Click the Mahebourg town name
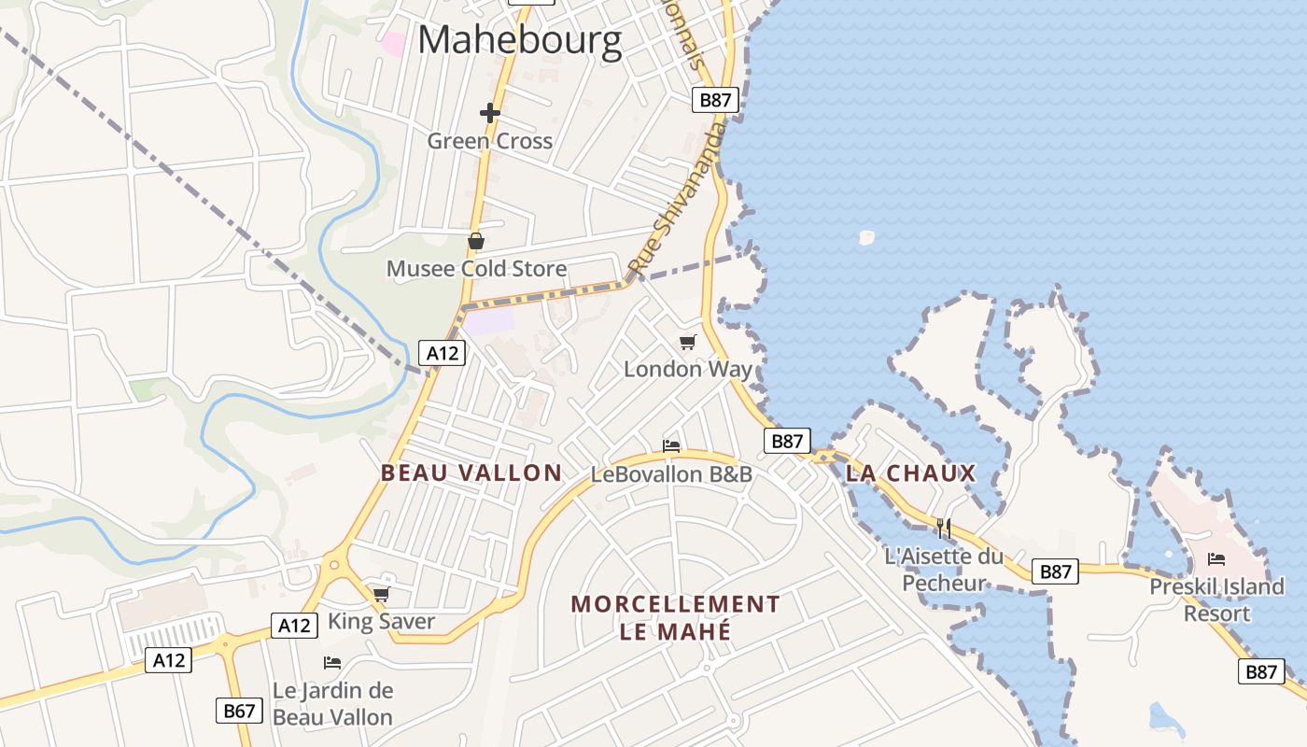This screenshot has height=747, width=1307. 519,41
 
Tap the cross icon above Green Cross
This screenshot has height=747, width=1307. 490,113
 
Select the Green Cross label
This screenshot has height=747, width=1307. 490,141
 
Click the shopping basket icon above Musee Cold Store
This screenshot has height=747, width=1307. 476,242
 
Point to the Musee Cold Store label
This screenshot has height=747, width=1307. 476,269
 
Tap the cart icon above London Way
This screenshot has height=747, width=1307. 688,342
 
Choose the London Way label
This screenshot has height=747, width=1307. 688,369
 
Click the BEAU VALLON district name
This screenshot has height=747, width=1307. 471,472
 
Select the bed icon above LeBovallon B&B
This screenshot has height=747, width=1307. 671,445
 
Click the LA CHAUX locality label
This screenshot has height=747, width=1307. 910,473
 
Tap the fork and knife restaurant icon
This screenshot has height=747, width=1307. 944,529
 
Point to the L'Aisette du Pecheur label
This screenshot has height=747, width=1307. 944,570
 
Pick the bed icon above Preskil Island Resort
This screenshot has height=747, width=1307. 1216,559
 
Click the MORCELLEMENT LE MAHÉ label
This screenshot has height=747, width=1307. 675,617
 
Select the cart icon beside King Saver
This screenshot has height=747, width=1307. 381,594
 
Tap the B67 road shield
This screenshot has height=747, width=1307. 239,711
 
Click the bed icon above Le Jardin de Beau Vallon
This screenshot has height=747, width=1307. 332,663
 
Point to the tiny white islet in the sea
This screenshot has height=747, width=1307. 866,237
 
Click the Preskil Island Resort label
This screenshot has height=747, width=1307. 1216,599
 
